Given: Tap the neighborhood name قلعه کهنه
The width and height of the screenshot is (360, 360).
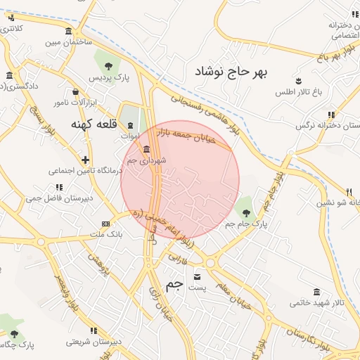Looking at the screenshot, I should (91, 124).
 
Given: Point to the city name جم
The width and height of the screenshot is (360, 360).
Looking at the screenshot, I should (174, 284).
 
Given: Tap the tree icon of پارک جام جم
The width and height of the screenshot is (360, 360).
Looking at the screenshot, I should (245, 209).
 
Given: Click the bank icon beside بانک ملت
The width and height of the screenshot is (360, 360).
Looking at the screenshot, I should (105, 224).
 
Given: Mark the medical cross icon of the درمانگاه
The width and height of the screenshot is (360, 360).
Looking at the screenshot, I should (85, 160).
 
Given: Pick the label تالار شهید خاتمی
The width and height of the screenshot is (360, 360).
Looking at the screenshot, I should (317, 303).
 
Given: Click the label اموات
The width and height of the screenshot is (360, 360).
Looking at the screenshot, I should (130, 135).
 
